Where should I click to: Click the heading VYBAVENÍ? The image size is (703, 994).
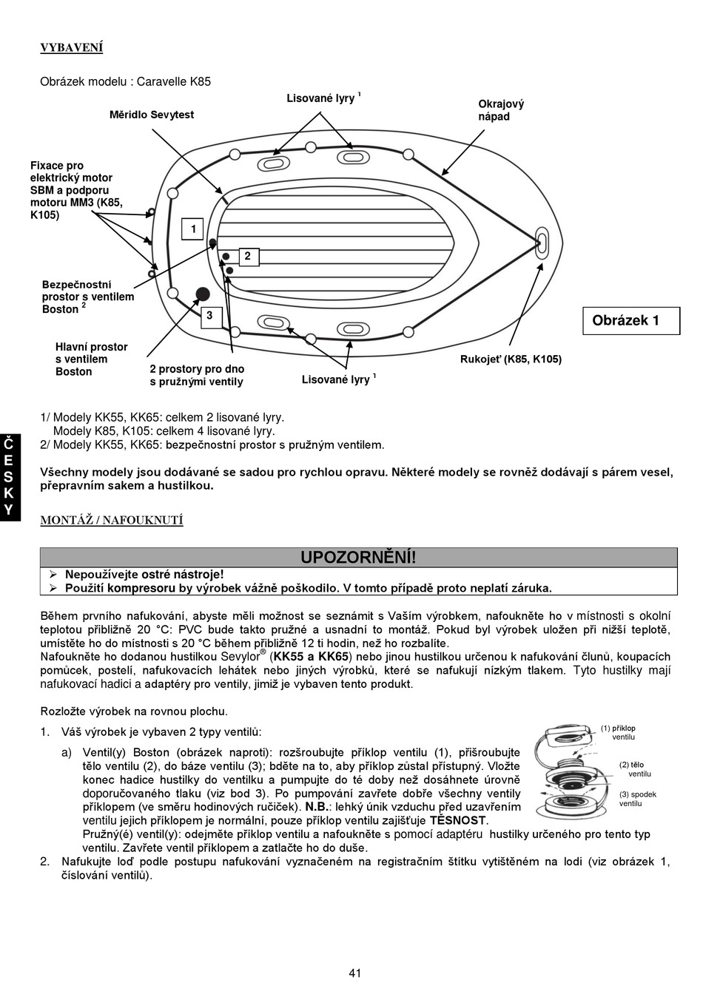pos(71,48)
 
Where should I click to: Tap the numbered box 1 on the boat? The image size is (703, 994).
pos(193,229)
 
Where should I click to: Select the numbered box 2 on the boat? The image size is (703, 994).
pos(247,257)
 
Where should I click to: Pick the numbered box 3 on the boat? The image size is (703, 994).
pos(209,316)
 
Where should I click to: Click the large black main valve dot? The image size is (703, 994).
pos(201,293)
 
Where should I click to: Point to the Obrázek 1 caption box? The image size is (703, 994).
pos(630,321)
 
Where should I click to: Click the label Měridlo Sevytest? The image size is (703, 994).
pos(152,115)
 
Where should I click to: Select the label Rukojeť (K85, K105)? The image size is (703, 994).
pos(511,359)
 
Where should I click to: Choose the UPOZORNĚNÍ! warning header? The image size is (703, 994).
pos(358,558)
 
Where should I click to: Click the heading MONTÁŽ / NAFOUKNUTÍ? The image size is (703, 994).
pos(111,520)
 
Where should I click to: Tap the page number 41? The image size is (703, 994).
pos(354,973)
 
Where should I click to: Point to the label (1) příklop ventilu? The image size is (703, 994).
pos(618,732)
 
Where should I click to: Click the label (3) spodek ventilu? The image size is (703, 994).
pos(637,799)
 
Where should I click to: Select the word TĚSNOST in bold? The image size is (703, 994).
pos(457,820)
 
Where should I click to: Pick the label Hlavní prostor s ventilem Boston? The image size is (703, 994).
pos(91,359)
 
